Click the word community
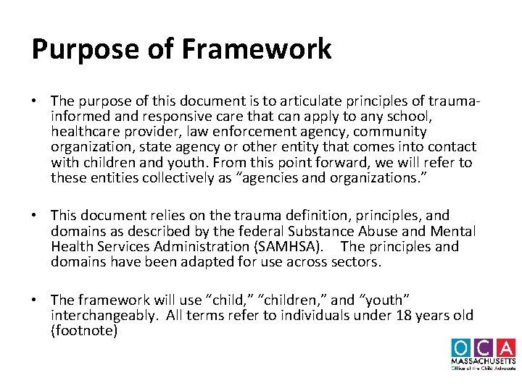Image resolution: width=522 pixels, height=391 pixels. coord(391,132)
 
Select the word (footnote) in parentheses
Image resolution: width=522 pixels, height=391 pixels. coord(84,331)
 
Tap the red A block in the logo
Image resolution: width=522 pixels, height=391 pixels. coord(506,348)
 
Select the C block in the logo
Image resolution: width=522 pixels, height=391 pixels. coord(484,348)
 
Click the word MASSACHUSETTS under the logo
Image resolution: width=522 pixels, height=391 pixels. coord(484,361)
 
